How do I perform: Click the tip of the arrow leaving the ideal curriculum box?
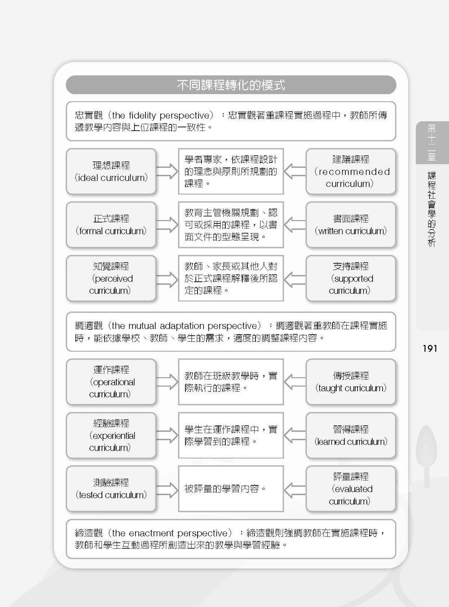pos(178,171)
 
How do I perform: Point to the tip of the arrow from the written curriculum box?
pos(284,225)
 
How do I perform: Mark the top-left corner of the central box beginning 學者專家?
pos(179,149)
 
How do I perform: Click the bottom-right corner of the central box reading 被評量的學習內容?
pos(283,511)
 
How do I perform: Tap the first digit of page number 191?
pos(425,349)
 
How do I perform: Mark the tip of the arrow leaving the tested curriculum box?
pos(178,490)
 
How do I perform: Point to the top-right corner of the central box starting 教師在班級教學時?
pos(283,359)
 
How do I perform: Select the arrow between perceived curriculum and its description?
pos(167,279)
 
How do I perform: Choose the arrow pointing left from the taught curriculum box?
pos(295,382)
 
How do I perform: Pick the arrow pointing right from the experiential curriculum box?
pos(167,435)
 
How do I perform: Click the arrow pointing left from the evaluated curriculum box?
pos(295,490)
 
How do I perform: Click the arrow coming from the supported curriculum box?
pos(295,279)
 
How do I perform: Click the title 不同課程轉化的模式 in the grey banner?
pos(231,85)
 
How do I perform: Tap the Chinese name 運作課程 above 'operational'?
pos(111,370)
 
